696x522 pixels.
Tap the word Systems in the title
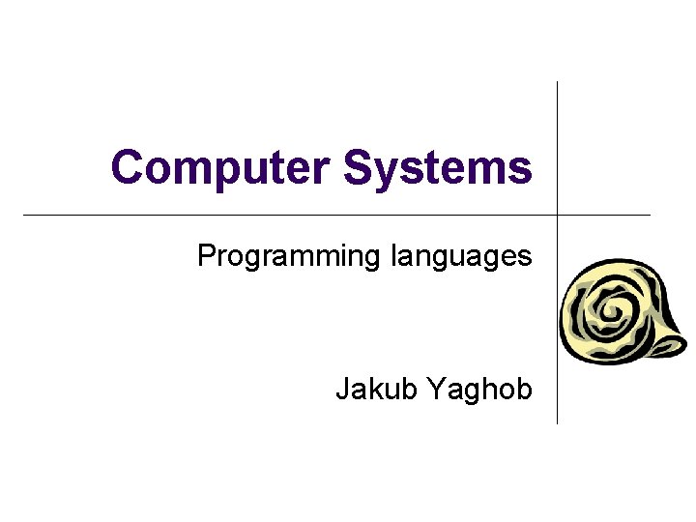coord(437,167)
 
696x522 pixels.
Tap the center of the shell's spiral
coord(611,311)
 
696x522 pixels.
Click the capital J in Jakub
coord(342,390)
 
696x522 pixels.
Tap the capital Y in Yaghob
coord(434,390)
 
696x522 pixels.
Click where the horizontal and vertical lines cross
coord(558,214)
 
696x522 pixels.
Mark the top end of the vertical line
coord(558,83)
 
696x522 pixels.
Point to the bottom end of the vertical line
coord(558,422)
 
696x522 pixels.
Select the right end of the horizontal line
coord(650,214)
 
